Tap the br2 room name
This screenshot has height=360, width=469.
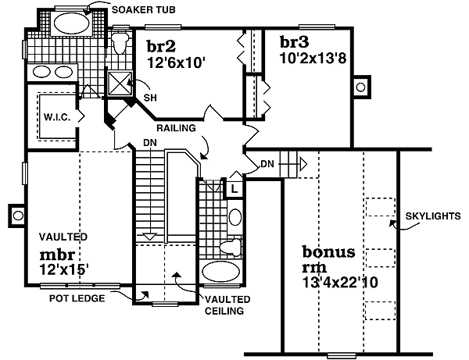(x=160, y=45)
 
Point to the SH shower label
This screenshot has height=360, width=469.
(x=149, y=98)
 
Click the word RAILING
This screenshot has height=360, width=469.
(x=176, y=127)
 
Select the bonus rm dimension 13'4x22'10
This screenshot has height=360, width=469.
(x=338, y=283)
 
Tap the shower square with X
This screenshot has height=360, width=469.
(x=120, y=82)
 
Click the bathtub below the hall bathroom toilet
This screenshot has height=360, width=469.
(x=222, y=273)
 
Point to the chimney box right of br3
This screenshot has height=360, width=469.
(x=360, y=87)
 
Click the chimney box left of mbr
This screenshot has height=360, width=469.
(x=16, y=212)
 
